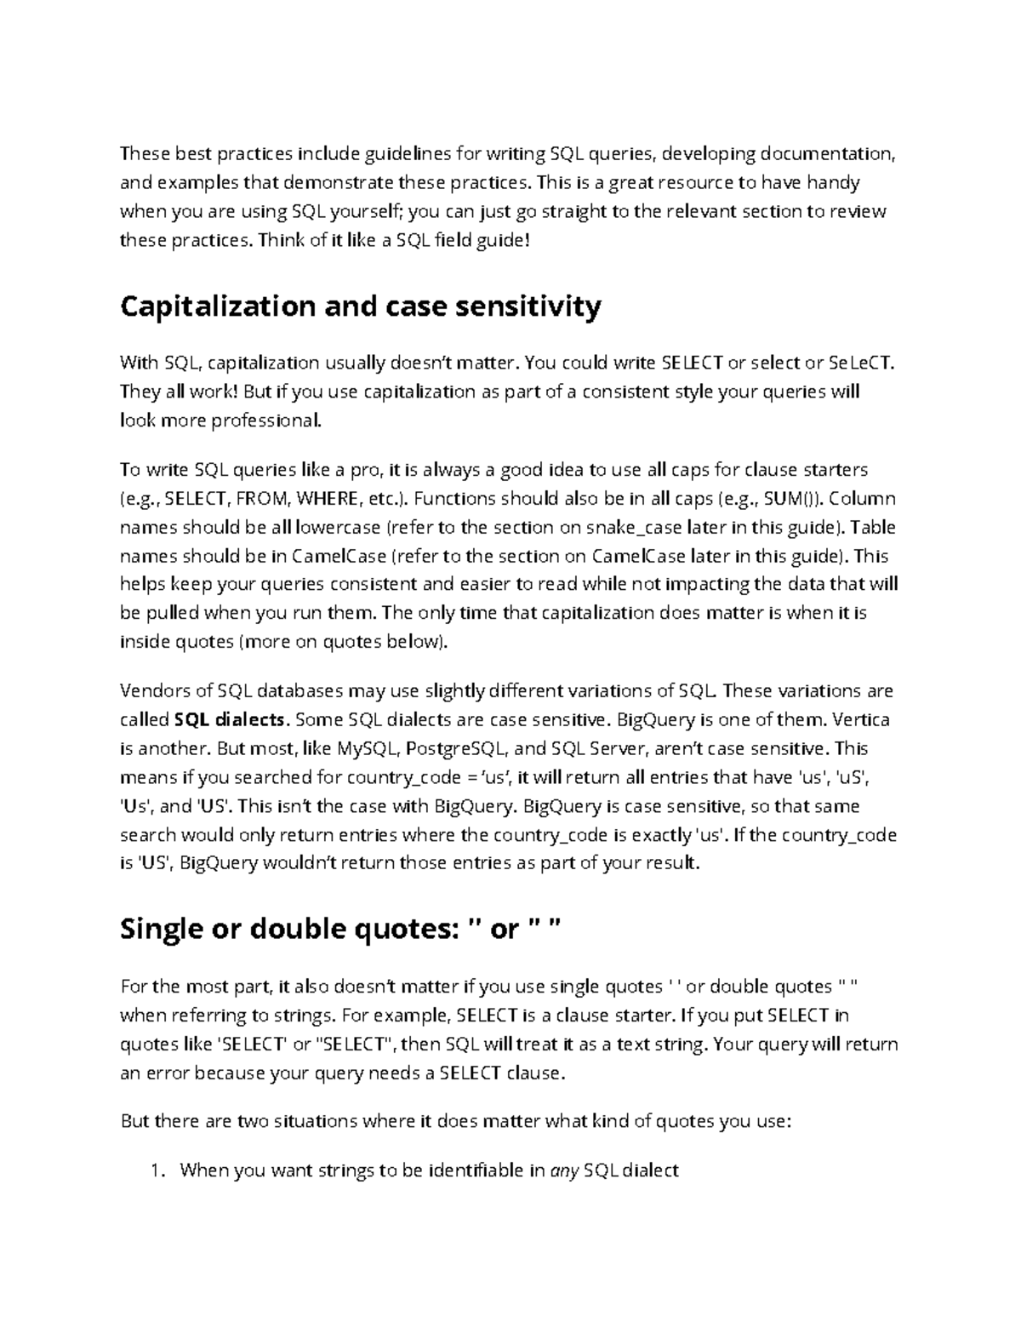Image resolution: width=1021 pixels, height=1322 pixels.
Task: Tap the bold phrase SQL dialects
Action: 231,719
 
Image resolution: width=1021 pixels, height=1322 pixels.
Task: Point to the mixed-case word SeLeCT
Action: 861,363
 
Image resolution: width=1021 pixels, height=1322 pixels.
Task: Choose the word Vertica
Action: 861,719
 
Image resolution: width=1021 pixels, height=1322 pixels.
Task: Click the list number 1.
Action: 155,1170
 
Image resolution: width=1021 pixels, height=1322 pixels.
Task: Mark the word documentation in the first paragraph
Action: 827,154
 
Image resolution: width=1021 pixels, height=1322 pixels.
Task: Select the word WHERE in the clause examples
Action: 325,498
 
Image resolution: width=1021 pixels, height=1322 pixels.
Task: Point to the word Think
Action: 281,240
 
